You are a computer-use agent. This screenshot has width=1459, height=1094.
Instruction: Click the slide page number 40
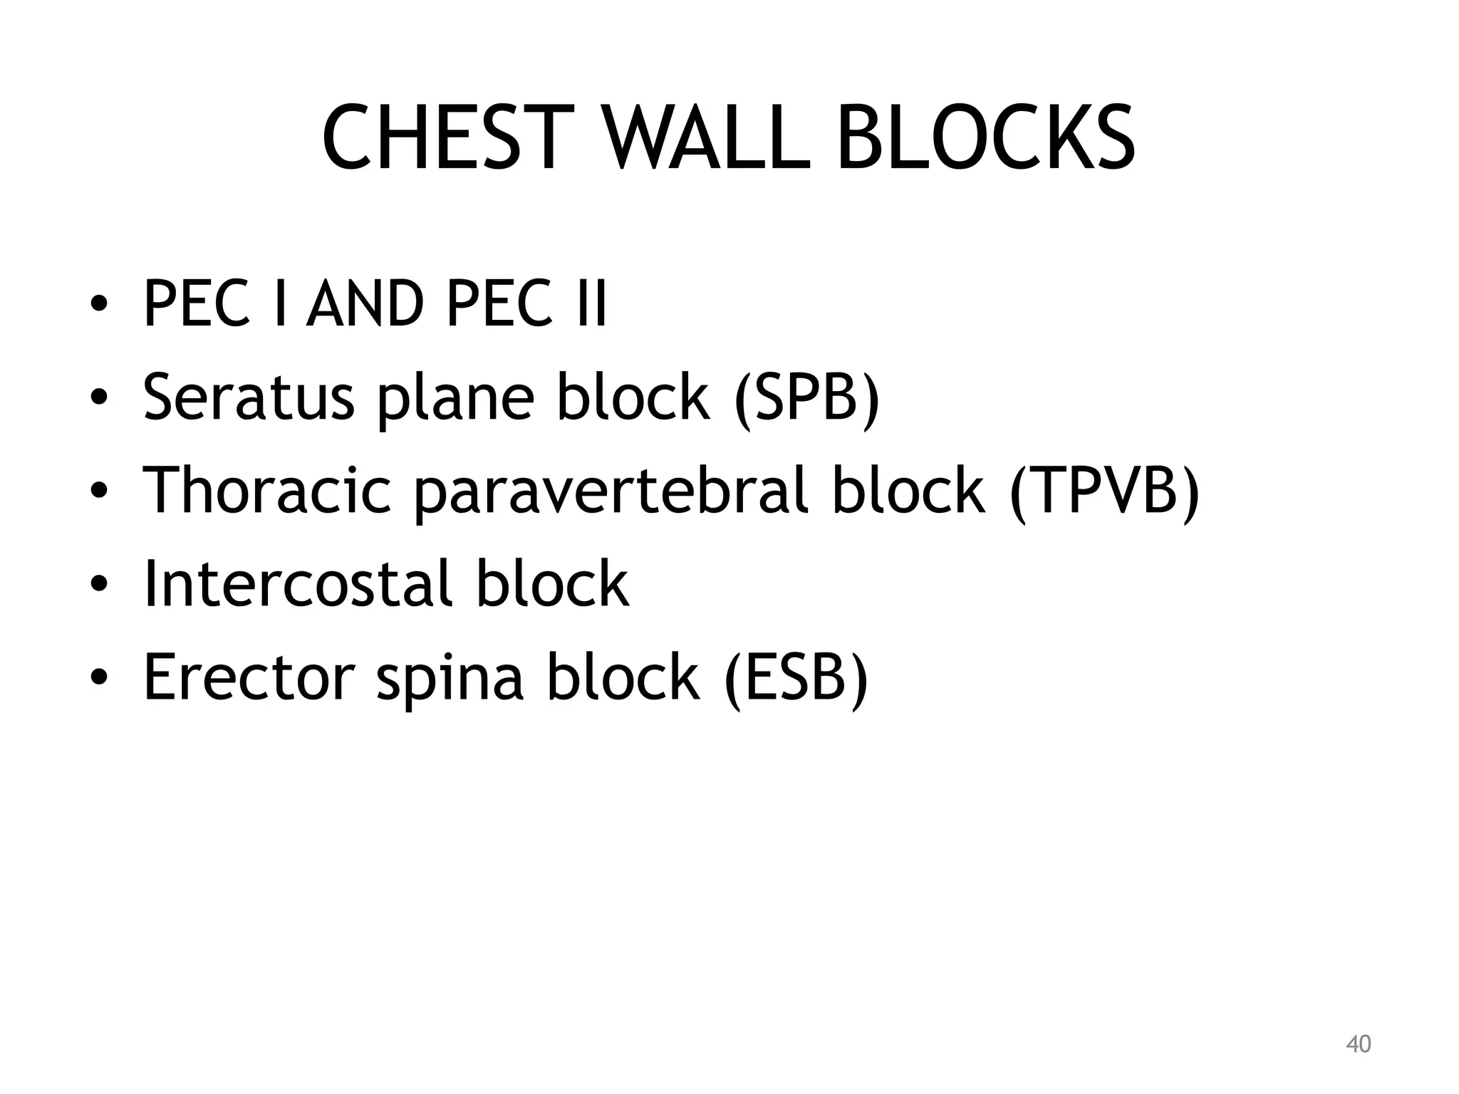coord(1358,1044)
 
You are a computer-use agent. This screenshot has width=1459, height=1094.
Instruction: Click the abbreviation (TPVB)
coord(1104,489)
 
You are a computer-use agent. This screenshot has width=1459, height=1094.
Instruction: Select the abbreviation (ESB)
coord(796,676)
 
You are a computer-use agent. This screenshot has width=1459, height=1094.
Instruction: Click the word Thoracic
coord(267,489)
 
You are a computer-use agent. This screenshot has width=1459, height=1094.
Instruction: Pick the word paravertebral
coord(613,489)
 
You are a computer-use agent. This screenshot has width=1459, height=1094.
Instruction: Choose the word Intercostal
coord(298,583)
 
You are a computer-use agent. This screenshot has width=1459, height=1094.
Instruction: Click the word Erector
coord(249,676)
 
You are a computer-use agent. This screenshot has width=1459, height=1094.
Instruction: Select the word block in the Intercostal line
coord(552,583)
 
